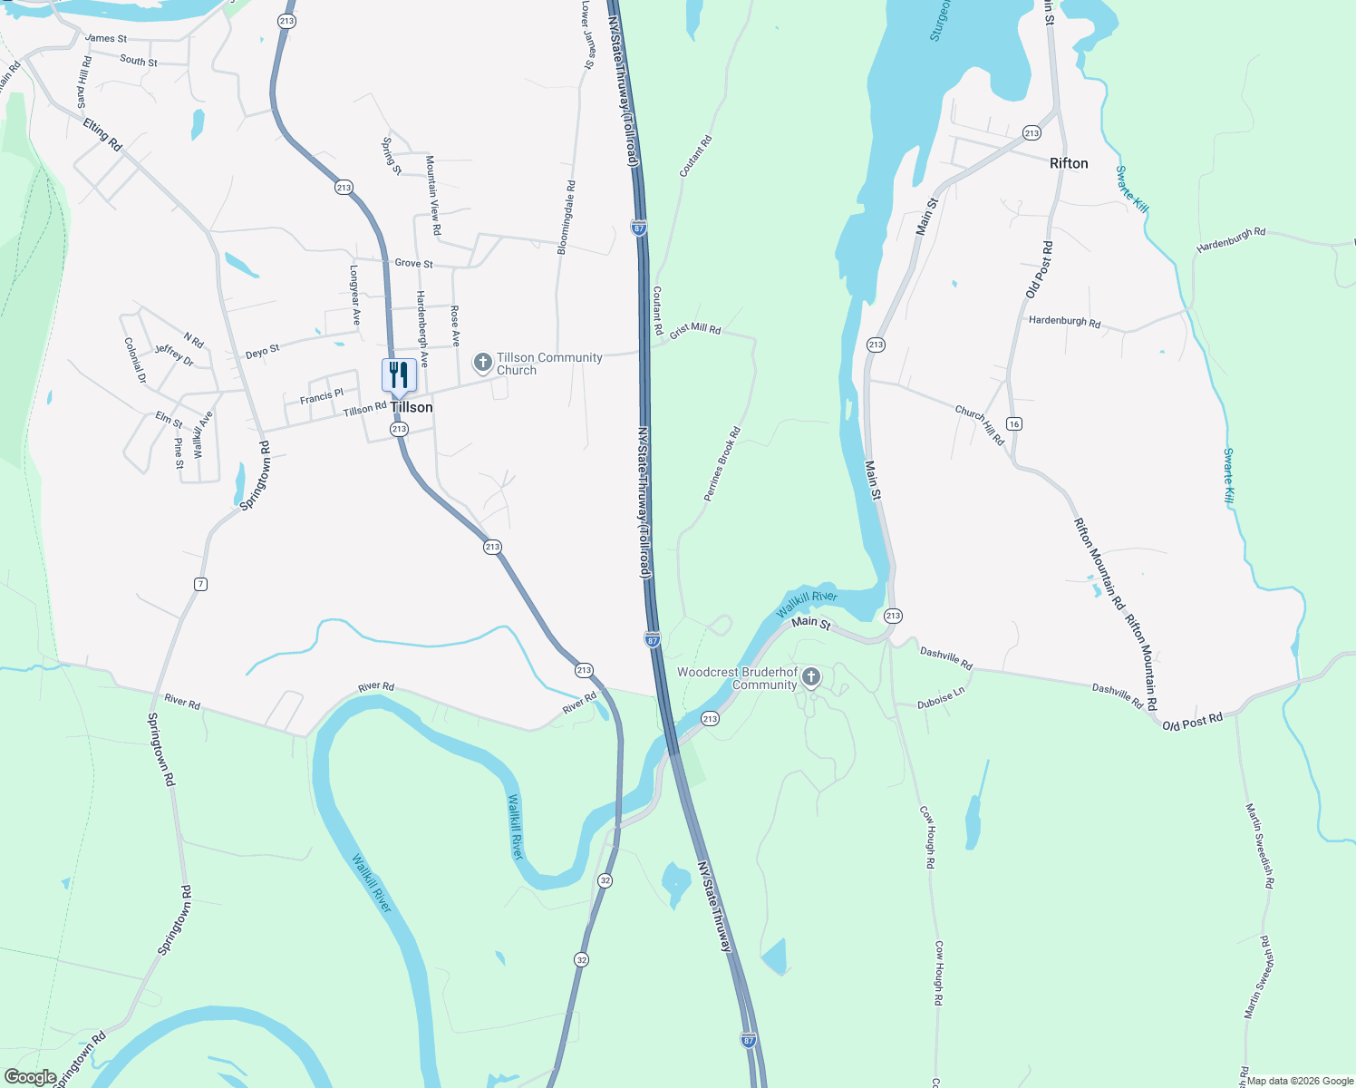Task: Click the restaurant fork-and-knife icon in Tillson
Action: [399, 374]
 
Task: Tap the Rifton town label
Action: [1069, 163]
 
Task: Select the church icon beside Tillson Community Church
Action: [483, 364]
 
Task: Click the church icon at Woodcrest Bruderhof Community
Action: [811, 677]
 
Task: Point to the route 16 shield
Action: [1014, 424]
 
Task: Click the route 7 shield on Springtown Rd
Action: [200, 584]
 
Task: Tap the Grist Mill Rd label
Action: [695, 330]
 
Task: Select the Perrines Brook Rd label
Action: [722, 464]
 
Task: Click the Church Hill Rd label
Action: [980, 424]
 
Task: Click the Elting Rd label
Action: [102, 134]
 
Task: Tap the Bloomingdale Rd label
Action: [566, 218]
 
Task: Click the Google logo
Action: [31, 1077]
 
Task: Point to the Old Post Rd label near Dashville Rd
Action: [1192, 722]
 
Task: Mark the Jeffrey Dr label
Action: [174, 355]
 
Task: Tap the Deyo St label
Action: [262, 351]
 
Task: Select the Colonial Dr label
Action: [135, 360]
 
